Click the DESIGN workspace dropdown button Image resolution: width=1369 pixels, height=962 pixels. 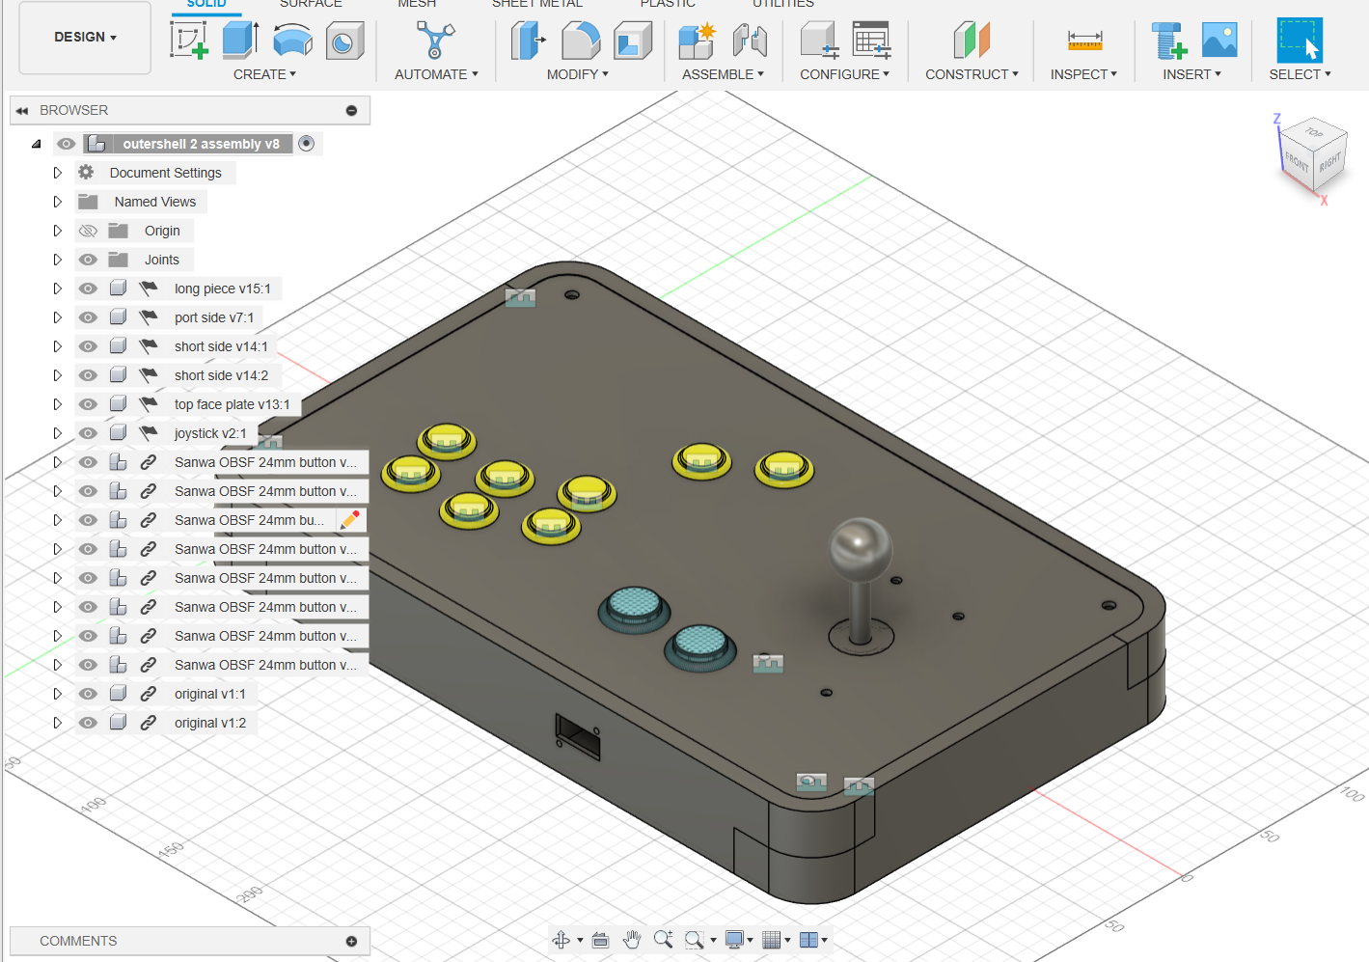85,38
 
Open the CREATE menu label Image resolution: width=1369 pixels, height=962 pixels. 264,74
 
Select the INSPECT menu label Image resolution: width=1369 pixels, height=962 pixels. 1083,74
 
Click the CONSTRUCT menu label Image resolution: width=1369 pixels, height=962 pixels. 972,74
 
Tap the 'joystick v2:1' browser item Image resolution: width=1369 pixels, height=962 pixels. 209,433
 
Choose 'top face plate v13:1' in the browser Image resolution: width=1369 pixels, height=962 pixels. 232,404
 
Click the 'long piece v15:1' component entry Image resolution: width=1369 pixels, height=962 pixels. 222,289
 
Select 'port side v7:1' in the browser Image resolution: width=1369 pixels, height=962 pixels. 213,317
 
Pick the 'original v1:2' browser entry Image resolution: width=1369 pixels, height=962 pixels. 209,723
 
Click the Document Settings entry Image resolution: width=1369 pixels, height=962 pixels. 165,173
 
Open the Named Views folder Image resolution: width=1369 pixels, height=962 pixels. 154,202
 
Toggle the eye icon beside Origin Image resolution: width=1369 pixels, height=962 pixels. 88,231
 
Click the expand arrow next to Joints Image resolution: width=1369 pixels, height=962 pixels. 57,260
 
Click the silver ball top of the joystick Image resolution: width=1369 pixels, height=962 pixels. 861,548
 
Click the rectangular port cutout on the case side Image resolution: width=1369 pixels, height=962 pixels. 578,735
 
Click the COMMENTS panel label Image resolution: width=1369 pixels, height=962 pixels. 78,941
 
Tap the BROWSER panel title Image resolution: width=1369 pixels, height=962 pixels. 73,110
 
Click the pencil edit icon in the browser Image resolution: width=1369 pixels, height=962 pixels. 350,520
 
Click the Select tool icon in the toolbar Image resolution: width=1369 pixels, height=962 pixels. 1299,41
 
